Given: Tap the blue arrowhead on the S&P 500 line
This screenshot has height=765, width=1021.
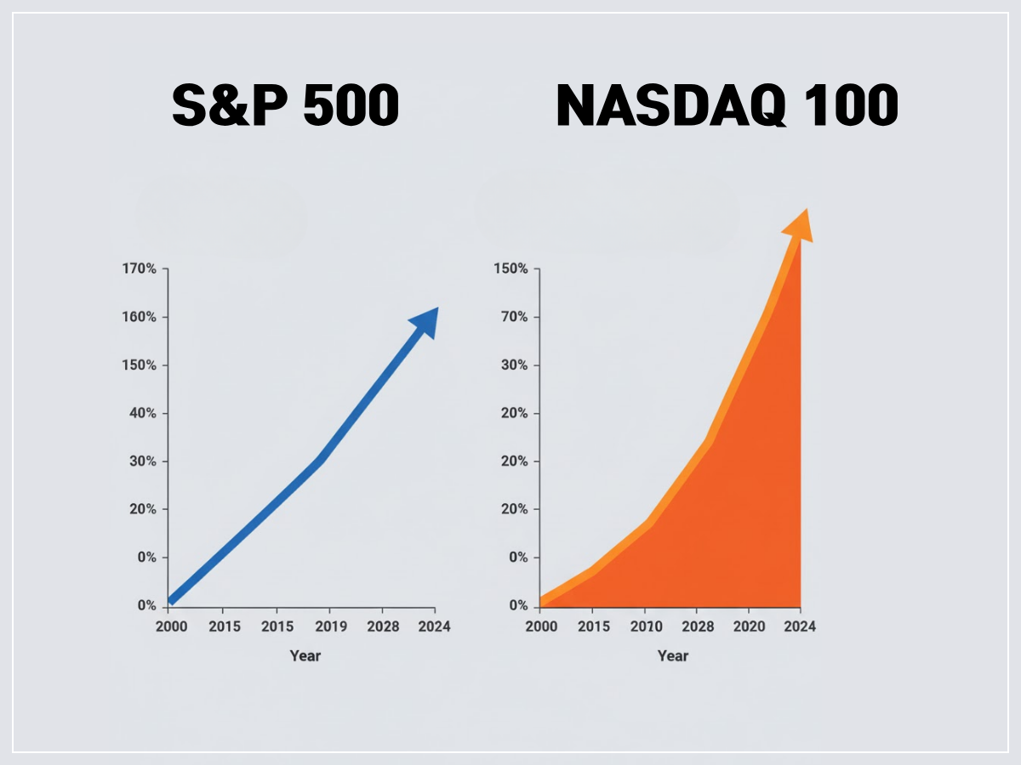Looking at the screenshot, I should point(425,320).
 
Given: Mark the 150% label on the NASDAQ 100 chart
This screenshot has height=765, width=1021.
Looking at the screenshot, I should point(510,269).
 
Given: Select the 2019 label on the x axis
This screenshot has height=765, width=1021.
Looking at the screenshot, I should point(328,626).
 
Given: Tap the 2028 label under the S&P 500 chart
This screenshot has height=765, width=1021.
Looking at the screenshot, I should point(381,626).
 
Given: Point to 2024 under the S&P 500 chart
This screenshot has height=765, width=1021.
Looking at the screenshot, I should point(434,626).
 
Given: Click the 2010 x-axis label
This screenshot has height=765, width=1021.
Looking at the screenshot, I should point(644,626).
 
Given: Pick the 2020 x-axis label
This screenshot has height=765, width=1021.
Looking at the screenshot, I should point(748,626).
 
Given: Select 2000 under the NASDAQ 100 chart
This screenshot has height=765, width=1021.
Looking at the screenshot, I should point(540,626).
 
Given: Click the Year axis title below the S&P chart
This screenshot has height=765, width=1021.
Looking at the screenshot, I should point(305,655).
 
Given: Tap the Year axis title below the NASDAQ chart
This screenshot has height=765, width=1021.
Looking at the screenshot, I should point(672,655).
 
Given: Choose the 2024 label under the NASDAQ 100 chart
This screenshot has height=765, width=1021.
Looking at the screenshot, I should point(800,626).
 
